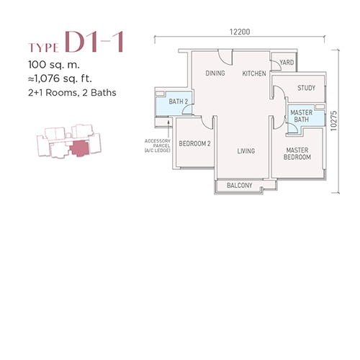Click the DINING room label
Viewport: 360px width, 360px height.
pyautogui.click(x=215, y=73)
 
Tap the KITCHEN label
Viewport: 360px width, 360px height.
pyautogui.click(x=254, y=73)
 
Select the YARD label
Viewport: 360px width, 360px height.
pyautogui.click(x=287, y=63)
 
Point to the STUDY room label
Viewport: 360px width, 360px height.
pyautogui.click(x=307, y=88)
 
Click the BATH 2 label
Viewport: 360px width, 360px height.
pyautogui.click(x=179, y=102)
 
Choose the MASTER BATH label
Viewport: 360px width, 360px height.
pyautogui.click(x=302, y=116)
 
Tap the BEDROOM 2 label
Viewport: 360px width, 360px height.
pyautogui.click(x=194, y=143)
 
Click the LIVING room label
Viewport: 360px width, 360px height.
pyautogui.click(x=246, y=151)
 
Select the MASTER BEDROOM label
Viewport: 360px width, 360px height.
pyautogui.click(x=297, y=153)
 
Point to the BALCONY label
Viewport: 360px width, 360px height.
pyautogui.click(x=240, y=185)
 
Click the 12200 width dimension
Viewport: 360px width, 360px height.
pyautogui.click(x=240, y=32)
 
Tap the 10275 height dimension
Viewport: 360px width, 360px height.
pyautogui.click(x=333, y=121)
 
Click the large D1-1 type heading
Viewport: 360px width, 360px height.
pyautogui.click(x=94, y=42)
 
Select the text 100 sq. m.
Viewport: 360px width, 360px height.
pyautogui.click(x=54, y=65)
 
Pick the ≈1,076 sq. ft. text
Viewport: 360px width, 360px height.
pyautogui.click(x=60, y=78)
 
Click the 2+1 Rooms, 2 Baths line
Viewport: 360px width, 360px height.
pyautogui.click(x=72, y=93)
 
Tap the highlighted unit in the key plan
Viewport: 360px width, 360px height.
pyautogui.click(x=79, y=148)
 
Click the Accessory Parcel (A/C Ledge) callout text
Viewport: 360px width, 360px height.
pyautogui.click(x=158, y=145)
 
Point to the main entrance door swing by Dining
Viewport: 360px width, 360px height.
pyautogui.click(x=225, y=58)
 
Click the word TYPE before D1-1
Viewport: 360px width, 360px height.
pyautogui.click(x=43, y=48)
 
